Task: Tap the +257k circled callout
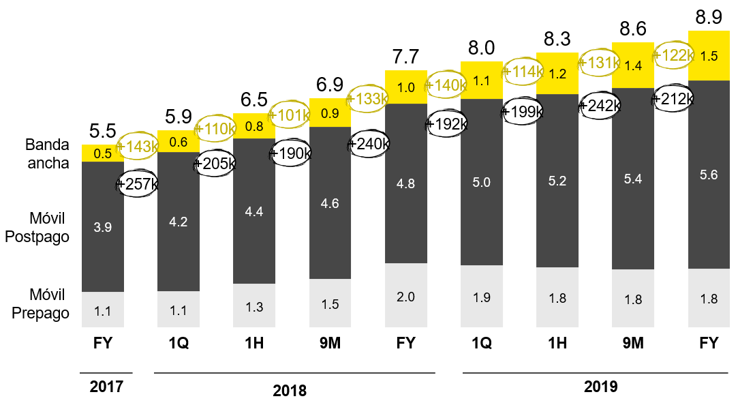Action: click(x=139, y=184)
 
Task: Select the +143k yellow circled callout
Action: click(x=139, y=146)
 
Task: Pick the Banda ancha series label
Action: click(x=47, y=154)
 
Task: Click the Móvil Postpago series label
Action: click(x=47, y=227)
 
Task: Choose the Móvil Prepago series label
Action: click(x=47, y=304)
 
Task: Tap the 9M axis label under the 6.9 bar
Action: click(x=330, y=344)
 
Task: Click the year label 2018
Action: click(x=290, y=391)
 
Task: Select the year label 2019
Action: click(x=600, y=387)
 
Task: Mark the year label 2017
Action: click(x=106, y=387)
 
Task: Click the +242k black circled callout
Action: click(x=600, y=106)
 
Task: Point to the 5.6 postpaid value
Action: click(x=709, y=175)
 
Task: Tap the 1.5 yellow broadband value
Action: click(x=709, y=57)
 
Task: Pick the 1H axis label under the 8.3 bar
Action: click(x=557, y=344)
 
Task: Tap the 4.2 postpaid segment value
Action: click(x=179, y=221)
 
